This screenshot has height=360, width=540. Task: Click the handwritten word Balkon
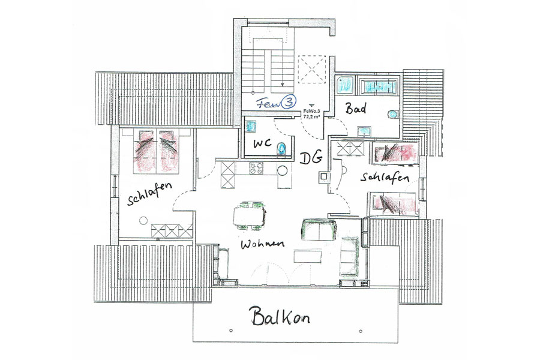click(x=280, y=316)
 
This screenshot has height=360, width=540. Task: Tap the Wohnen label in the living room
click(x=262, y=244)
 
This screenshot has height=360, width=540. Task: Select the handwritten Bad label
click(x=356, y=109)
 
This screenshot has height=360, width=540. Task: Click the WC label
click(x=262, y=143)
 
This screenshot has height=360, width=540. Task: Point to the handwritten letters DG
click(x=311, y=158)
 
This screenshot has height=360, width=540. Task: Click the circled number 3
click(x=289, y=102)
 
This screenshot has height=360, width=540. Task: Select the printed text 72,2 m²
click(x=311, y=116)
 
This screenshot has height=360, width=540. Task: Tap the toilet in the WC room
click(x=282, y=148)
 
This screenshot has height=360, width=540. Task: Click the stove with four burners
click(x=256, y=168)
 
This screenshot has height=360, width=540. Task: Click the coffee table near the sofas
click(x=308, y=257)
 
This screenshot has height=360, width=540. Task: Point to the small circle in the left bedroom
click(x=143, y=221)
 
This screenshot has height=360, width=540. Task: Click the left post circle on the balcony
click(x=231, y=331)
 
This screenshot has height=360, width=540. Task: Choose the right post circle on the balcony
click(x=361, y=331)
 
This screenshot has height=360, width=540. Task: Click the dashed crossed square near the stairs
click(x=311, y=69)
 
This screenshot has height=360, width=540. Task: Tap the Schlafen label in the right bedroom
click(x=385, y=178)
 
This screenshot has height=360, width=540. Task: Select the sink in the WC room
click(x=251, y=127)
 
